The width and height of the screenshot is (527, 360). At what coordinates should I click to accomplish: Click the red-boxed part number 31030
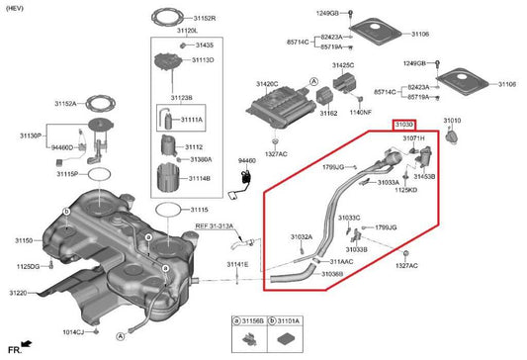405,126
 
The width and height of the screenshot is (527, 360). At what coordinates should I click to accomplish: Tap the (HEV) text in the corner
18,7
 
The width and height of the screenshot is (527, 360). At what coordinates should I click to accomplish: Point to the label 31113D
203,59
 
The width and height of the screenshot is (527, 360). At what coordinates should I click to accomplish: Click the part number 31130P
32,135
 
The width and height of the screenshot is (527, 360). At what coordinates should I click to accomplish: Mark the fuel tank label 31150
25,240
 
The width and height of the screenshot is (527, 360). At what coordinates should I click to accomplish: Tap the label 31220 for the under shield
21,294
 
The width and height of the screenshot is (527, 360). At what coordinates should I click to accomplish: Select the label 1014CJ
74,332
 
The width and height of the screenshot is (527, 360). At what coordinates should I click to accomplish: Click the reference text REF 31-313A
215,225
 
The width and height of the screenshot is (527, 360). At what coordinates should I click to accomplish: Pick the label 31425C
342,65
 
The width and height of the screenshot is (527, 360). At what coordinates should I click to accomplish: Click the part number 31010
451,120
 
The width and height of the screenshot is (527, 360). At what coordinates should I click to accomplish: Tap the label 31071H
413,139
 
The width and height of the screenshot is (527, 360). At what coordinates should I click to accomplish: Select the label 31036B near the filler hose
332,273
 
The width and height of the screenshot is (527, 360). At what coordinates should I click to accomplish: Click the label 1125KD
405,189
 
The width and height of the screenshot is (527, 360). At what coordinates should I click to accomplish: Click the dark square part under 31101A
288,338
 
